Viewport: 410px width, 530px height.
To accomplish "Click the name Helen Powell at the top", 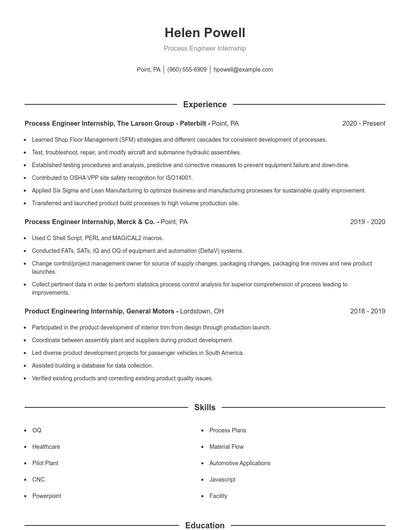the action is (204, 32).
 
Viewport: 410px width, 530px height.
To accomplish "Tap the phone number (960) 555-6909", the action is (187, 70).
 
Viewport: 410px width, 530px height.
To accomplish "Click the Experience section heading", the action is (204, 103).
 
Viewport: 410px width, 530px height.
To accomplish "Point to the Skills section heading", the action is (204, 408).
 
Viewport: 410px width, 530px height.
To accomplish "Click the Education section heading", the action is (204, 524).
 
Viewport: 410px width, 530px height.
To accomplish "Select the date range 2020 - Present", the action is (363, 123).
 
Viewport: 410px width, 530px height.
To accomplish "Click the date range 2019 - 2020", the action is (367, 221).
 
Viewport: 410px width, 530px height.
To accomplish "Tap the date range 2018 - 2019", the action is (367, 311).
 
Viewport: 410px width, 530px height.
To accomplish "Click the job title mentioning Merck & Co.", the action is (91, 221).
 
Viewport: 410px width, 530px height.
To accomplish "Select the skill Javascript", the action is (222, 479).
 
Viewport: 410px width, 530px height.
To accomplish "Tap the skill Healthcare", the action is (46, 446).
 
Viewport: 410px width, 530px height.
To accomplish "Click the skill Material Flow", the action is (226, 446).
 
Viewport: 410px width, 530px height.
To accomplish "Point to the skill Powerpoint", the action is (47, 496).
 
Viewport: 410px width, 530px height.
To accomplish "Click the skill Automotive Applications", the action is (239, 463).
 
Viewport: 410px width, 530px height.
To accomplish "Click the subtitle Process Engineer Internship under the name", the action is (204, 48).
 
